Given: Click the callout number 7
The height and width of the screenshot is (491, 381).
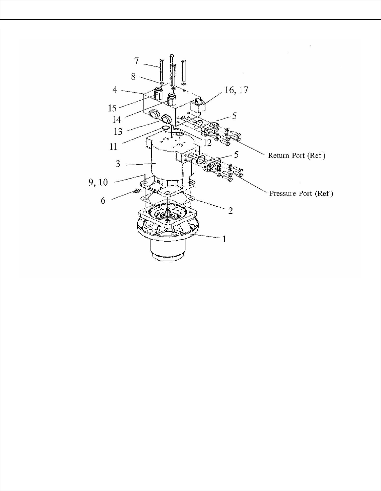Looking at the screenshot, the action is [136, 61].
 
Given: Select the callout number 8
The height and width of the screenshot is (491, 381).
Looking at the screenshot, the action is [134, 77].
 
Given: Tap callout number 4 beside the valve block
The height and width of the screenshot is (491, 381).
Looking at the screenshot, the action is [115, 90].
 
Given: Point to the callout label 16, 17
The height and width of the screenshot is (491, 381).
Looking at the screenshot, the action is [236, 90].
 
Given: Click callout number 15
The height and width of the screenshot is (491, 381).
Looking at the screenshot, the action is [112, 108].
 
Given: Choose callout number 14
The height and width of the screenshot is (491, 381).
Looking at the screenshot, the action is [117, 119].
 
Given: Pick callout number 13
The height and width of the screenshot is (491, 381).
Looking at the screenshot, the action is [118, 132].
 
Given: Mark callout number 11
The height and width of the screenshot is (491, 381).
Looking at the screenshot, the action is [113, 147].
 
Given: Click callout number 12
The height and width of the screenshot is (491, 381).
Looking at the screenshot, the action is [207, 143].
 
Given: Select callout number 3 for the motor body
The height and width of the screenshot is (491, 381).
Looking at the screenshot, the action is [118, 164].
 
